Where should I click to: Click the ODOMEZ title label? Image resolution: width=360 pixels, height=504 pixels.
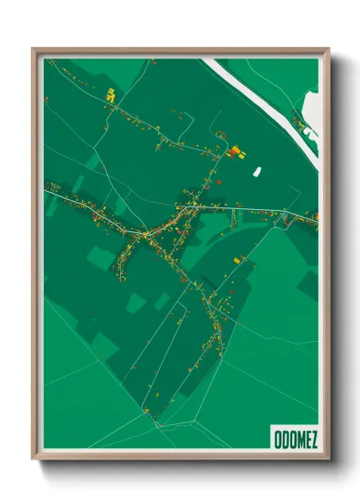point(295,439)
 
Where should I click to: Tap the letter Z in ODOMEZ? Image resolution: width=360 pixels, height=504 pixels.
point(314,439)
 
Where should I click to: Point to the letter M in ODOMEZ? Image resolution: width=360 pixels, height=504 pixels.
point(297,439)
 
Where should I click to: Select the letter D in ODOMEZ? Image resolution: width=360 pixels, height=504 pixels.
point(284,439)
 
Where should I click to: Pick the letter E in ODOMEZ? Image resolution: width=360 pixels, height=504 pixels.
point(306,439)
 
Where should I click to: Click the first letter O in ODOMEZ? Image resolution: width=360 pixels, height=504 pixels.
point(277,439)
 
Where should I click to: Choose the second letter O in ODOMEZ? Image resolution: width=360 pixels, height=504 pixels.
point(291,439)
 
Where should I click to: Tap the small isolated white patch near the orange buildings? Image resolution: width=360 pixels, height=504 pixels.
point(256,171)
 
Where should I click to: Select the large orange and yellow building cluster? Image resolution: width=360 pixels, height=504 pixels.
point(235,153)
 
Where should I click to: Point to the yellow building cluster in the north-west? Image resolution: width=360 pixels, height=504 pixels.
point(110,96)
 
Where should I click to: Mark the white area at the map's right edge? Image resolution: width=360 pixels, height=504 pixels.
point(309,120)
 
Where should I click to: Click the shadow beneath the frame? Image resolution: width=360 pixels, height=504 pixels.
point(180,467)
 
